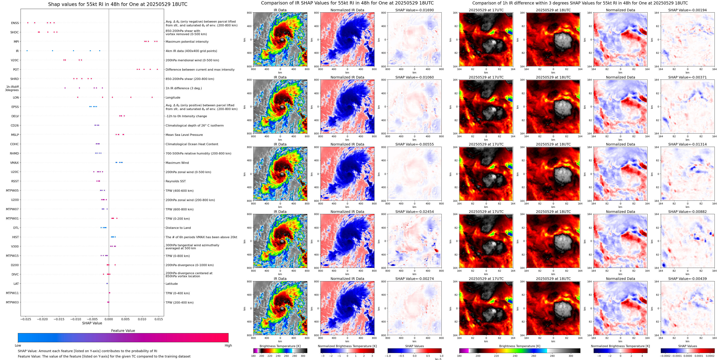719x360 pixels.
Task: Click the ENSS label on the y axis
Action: (x=15, y=23)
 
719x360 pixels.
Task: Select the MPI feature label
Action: (x=16, y=42)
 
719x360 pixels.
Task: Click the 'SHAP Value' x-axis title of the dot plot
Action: (x=92, y=323)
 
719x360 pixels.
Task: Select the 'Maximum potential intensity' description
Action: (x=187, y=42)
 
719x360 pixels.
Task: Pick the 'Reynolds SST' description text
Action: (x=175, y=181)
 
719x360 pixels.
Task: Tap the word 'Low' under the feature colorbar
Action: (x=18, y=345)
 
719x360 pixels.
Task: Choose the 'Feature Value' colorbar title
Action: (x=123, y=331)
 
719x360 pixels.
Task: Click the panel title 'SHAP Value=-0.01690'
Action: (x=415, y=10)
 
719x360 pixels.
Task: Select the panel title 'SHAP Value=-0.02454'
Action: (x=415, y=212)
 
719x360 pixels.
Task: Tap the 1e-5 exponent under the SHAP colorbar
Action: (x=438, y=359)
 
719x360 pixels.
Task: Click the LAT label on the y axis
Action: (x=16, y=284)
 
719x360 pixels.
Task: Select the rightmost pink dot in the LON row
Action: (x=152, y=97)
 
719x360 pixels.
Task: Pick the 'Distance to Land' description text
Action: (x=178, y=228)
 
